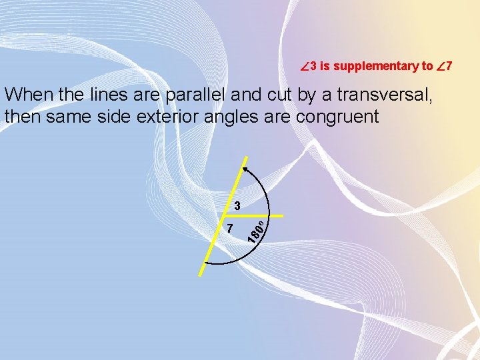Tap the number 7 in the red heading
coord(449,66)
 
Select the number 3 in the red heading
coord(313,66)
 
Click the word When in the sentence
coord(28,95)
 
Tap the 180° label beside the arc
coord(257,228)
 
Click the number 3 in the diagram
coord(236,204)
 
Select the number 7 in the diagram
coord(229,228)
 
